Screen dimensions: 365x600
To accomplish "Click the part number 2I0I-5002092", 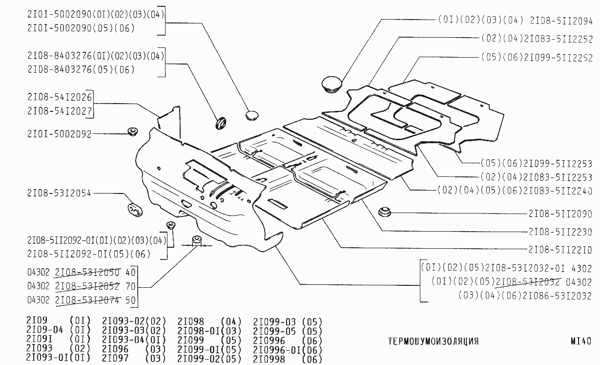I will coord(59,134).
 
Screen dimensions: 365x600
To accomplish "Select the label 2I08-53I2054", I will coord(59,193).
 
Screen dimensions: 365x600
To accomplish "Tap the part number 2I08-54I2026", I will coord(60,97).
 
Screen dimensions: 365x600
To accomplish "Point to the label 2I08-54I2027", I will coord(60,111).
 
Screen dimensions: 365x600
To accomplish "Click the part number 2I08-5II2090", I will coord(560,214).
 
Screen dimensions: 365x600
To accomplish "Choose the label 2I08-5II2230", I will coord(560,232).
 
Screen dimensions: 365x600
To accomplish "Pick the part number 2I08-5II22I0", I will coord(560,250).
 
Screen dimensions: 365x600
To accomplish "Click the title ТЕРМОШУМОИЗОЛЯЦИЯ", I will coord(433,341).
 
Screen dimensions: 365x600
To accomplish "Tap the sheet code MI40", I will coord(580,341).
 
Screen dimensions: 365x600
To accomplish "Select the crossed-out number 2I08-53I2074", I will coord(88,300).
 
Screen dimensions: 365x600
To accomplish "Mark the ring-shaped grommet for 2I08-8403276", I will coord(222,122).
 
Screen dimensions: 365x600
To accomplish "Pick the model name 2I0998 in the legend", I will coord(269,359).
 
